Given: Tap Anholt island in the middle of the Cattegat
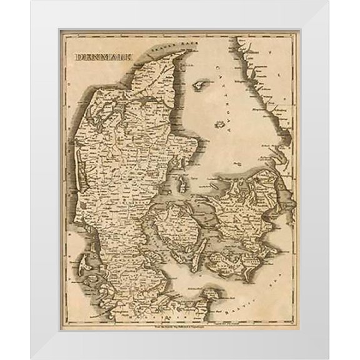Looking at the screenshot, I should click(219, 125).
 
